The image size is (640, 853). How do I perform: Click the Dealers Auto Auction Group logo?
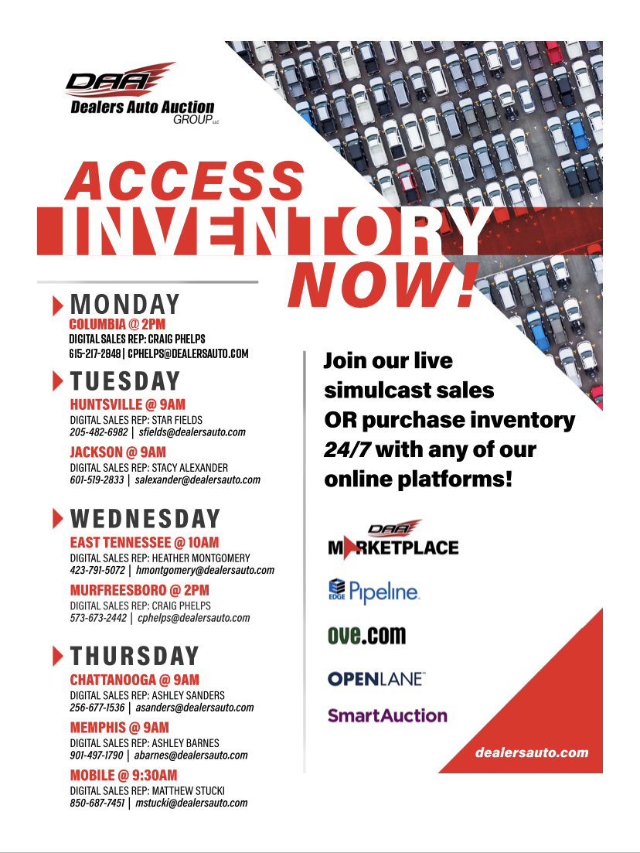(142, 94)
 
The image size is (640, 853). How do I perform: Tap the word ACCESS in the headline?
(185, 181)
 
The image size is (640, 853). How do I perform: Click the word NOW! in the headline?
(383, 285)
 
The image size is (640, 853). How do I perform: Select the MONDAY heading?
(125, 304)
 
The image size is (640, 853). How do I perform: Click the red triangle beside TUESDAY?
(58, 380)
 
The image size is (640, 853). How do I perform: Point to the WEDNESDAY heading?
(145, 518)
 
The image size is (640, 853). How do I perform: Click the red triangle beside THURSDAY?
(58, 656)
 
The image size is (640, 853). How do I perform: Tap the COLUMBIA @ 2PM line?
(117, 324)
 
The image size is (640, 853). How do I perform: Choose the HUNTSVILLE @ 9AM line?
(128, 404)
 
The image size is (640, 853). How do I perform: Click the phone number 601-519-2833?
(97, 479)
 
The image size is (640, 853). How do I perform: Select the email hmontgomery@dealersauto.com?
(205, 570)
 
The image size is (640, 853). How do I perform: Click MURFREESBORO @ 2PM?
(140, 590)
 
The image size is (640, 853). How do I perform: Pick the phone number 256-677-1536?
(97, 708)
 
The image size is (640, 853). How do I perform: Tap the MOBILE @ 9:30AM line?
(124, 775)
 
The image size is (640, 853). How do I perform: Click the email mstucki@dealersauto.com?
(192, 803)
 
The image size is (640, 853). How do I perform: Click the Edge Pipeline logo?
(374, 592)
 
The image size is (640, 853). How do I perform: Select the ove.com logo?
(367, 635)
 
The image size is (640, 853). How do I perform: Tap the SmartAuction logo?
(387, 715)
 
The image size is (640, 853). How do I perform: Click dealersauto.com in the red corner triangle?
(532, 753)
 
